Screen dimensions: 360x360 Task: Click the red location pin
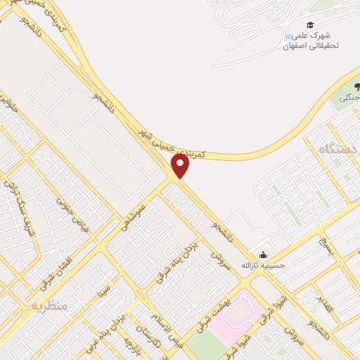point(181,166)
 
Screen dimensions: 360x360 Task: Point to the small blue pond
point(288,37)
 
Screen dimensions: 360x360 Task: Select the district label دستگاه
point(333,149)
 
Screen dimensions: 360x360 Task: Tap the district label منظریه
point(49,306)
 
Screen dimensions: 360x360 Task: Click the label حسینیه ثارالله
point(266,266)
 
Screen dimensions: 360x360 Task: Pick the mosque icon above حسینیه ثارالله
point(263,255)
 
